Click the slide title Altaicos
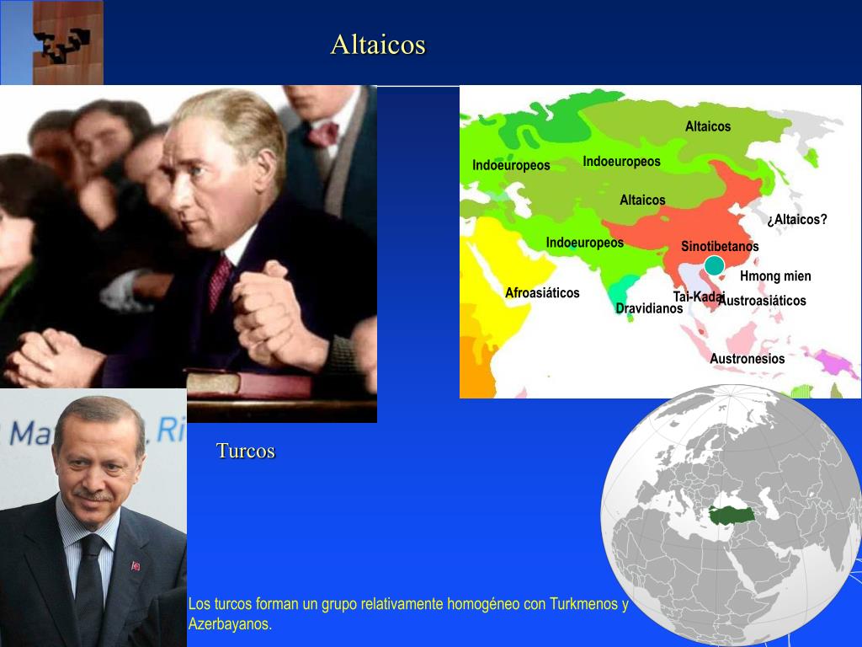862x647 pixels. click(378, 45)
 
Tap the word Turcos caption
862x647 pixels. click(246, 451)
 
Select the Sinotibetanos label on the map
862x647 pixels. click(720, 247)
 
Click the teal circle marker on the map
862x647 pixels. click(714, 266)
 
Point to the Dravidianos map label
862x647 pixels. click(648, 309)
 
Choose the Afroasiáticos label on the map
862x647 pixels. click(542, 293)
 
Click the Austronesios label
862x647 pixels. click(747, 359)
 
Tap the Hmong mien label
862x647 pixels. click(775, 276)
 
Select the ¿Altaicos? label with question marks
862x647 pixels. click(796, 220)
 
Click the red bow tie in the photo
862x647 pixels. click(322, 134)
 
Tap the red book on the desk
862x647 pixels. click(248, 383)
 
